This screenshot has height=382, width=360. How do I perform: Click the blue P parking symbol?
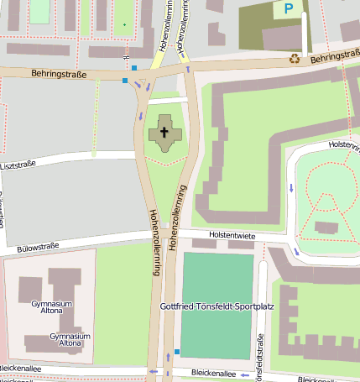point(289,9)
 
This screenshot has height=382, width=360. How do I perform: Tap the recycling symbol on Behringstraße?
point(295,58)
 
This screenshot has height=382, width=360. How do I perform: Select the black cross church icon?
point(164,132)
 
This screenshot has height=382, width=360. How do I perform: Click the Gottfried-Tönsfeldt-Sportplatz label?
point(217,306)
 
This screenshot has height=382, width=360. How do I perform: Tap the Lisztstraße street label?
point(18,165)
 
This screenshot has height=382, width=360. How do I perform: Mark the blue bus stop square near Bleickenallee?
point(176,351)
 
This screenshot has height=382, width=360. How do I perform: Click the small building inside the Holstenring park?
point(325,227)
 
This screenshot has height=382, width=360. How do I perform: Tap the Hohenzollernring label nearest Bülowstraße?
point(154,233)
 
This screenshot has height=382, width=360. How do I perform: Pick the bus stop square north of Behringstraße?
point(133,67)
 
